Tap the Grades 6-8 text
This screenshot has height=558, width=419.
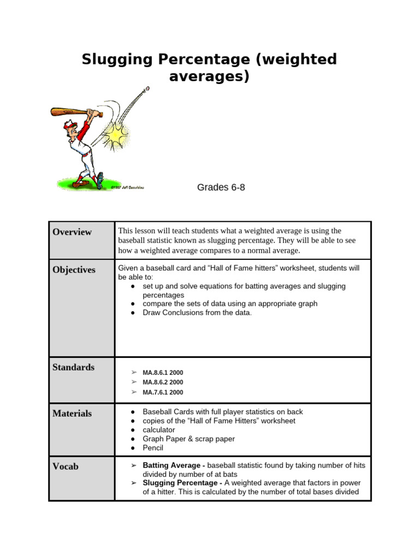221,187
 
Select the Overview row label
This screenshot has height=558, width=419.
72,232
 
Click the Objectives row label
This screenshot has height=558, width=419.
74,270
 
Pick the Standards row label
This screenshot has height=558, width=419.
73,367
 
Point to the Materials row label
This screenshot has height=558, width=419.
72,414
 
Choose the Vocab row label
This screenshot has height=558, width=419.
65,466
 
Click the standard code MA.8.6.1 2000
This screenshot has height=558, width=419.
163,373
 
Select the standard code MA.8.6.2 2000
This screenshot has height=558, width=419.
163,383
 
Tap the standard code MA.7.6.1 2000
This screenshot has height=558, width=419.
163,392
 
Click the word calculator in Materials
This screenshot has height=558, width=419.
159,430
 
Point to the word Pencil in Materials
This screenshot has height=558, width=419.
153,448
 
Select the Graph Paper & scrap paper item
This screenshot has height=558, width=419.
189,439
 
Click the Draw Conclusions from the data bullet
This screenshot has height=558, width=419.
197,313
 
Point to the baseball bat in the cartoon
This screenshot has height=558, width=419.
68,112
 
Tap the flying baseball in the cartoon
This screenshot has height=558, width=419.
147,88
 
